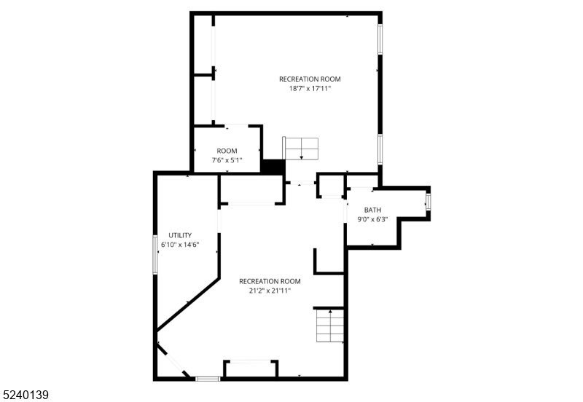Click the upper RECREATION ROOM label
tap(310, 79)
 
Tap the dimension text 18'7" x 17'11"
tap(310, 89)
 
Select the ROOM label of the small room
tap(227, 151)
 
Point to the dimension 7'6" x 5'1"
tap(227, 160)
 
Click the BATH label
tap(372, 210)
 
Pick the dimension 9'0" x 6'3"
tap(372, 219)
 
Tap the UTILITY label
tap(180, 235)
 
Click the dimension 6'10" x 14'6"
tap(180, 245)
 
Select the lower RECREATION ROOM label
tap(270, 281)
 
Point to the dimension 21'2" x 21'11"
tap(270, 291)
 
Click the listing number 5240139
tap(26, 395)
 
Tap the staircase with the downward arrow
tap(302, 149)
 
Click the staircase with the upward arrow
tap(329, 325)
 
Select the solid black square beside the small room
tap(273, 167)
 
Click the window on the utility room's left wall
tap(154, 254)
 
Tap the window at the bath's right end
tap(428, 202)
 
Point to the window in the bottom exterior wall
tap(208, 378)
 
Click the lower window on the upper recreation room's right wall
tap(380, 149)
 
